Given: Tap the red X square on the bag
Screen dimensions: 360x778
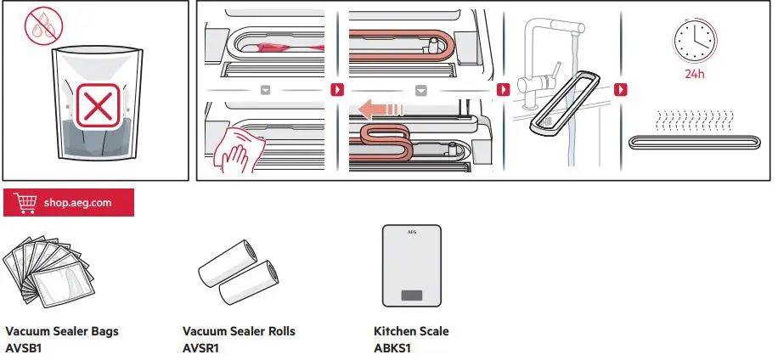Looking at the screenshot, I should [96, 108].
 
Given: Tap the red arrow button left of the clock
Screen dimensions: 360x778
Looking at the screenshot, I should [622, 89].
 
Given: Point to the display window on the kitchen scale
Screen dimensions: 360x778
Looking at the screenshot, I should [412, 295].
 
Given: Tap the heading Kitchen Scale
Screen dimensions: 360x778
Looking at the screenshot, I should [411, 331].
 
